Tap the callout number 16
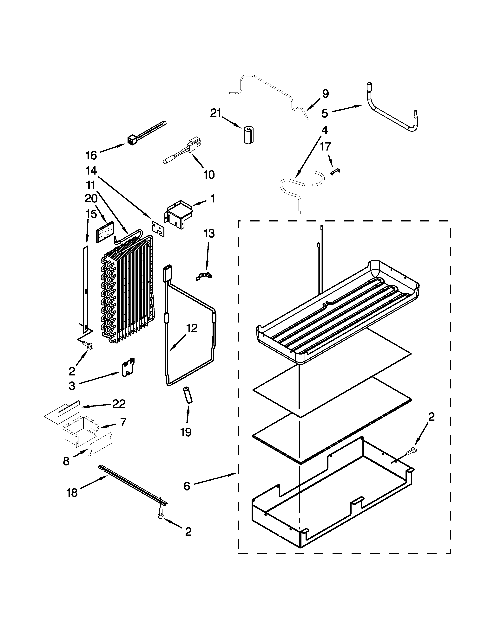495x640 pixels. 91,155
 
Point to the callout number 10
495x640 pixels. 209,175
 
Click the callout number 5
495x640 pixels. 324,113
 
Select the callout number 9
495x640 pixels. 325,94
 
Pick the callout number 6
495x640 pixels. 187,486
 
